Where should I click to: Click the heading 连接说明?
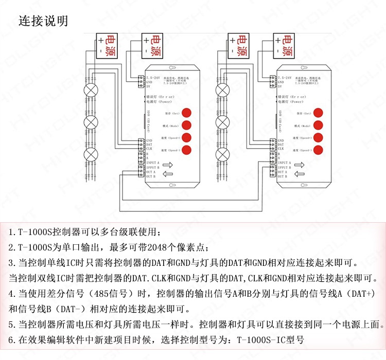43,22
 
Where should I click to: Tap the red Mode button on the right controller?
319,124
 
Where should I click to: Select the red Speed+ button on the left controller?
186,137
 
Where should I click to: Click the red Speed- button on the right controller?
319,150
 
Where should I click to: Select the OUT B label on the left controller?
151,176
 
